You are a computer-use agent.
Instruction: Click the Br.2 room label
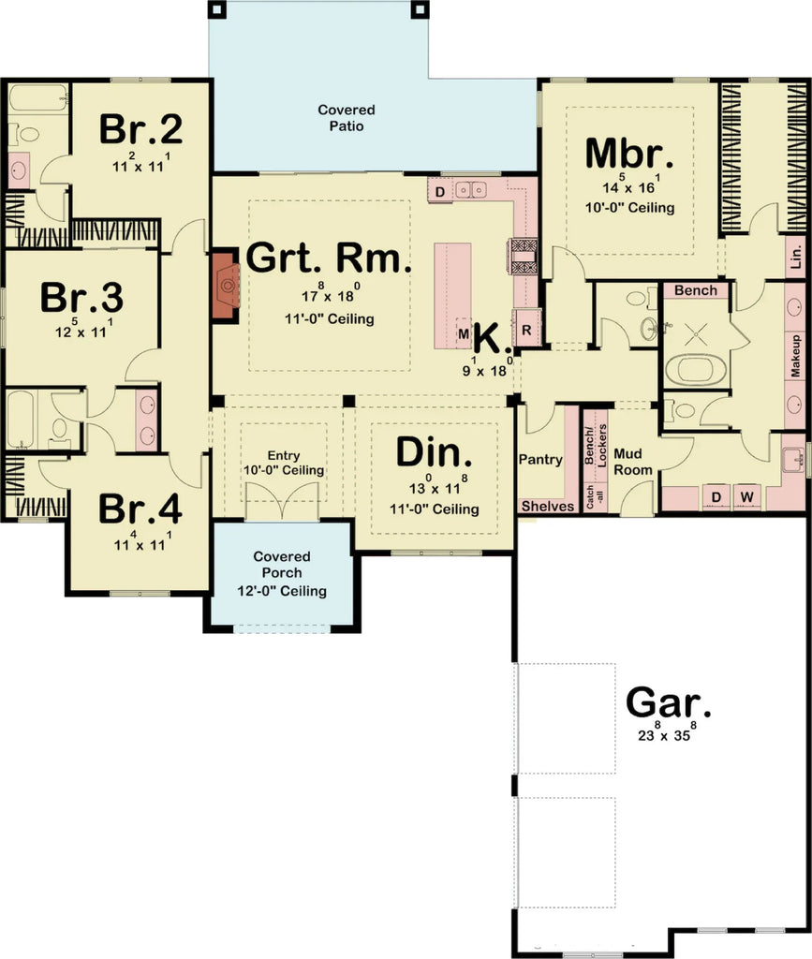pyautogui.click(x=140, y=129)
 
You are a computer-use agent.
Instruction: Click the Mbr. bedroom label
pyautogui.click(x=628, y=153)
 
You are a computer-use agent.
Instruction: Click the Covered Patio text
pyautogui.click(x=346, y=118)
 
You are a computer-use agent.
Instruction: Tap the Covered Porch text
pyautogui.click(x=281, y=574)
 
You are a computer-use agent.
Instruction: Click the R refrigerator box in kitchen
pyautogui.click(x=526, y=331)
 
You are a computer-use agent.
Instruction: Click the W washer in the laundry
pyautogui.click(x=747, y=494)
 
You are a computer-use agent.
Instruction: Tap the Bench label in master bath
pyautogui.click(x=695, y=290)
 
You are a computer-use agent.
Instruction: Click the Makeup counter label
pyautogui.click(x=795, y=355)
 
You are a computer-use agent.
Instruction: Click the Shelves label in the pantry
pyautogui.click(x=547, y=506)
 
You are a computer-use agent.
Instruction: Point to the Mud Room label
pyautogui.click(x=632, y=461)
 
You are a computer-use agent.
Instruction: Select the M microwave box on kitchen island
pyautogui.click(x=464, y=333)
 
